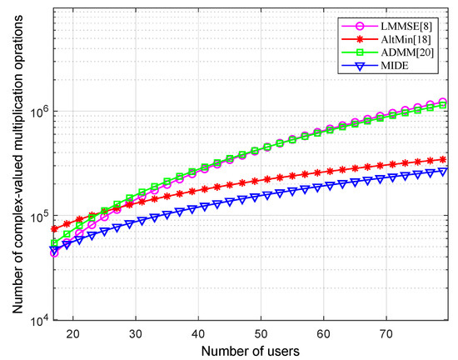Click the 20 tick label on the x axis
pos(73,331)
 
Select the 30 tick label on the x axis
pos(136,331)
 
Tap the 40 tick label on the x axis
pos(198,331)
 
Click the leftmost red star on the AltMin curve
pos(55,228)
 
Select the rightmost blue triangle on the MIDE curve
pos(442,171)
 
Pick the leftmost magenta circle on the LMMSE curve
pos(55,252)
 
